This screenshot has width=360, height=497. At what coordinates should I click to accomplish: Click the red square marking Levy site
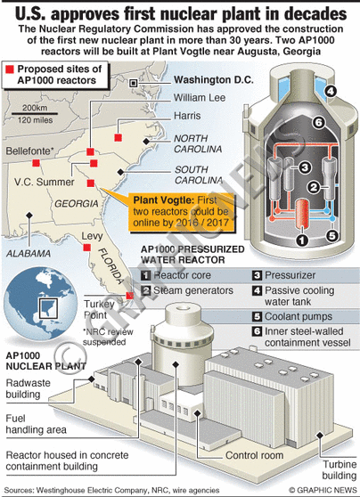tap(87, 248)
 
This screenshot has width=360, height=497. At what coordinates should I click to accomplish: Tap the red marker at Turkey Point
tap(130, 296)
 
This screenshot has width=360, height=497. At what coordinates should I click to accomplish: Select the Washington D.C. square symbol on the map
tap(134, 84)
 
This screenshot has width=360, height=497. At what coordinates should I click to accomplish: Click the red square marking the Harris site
tap(118, 137)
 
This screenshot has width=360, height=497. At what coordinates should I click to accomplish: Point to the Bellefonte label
tap(29, 151)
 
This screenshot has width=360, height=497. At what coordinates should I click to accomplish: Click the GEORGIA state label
tap(77, 203)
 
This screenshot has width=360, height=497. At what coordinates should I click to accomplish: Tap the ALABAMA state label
tap(29, 254)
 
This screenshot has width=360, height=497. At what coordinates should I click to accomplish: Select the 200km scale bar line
tap(35, 113)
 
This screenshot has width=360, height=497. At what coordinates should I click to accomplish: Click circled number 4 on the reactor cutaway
tap(331, 91)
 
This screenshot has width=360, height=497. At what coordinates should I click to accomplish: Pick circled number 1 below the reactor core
tap(302, 240)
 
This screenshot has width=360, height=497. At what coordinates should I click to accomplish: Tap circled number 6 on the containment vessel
tap(318, 122)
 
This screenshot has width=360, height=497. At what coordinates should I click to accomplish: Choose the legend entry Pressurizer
tap(290, 275)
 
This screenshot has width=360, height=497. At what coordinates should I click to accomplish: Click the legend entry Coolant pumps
tap(299, 316)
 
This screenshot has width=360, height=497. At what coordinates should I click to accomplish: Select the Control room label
tap(254, 455)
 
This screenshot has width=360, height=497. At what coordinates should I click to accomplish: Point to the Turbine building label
tap(340, 469)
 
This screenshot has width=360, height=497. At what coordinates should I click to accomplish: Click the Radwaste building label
tap(28, 388)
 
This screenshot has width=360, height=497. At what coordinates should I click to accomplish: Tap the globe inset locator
tap(41, 304)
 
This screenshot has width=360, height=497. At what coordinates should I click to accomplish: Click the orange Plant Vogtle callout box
tap(182, 212)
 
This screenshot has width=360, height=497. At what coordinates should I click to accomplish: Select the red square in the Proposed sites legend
tap(10, 69)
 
